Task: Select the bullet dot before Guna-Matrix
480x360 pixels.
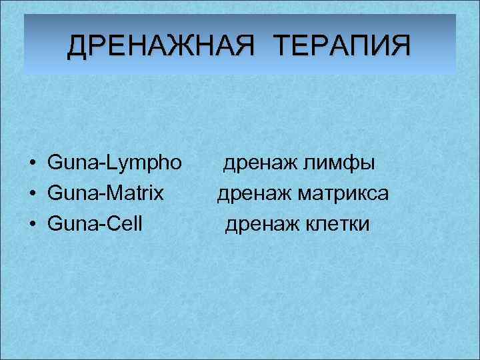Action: (x=32, y=195)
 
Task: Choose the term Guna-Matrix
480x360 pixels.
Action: (x=105, y=194)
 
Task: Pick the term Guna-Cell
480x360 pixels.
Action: (x=95, y=225)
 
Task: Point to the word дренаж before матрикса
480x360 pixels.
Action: (x=253, y=194)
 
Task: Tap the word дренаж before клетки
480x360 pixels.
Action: (x=261, y=225)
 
